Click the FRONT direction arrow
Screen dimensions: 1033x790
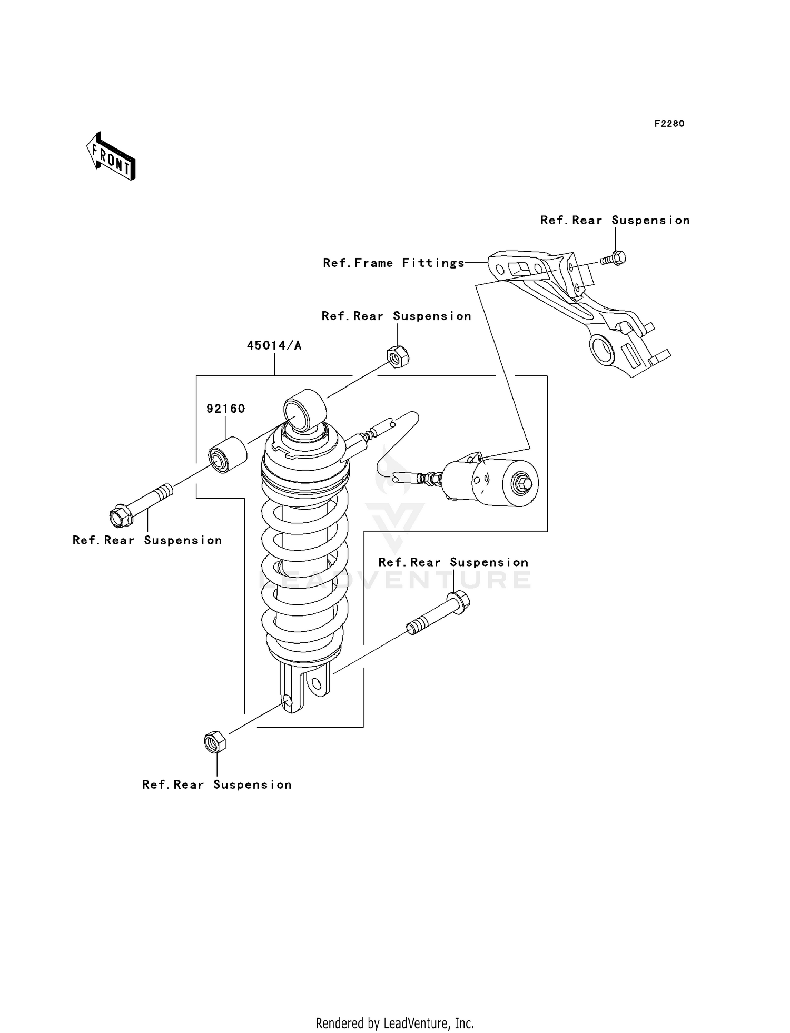click(x=111, y=157)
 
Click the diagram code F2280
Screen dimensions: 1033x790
click(x=669, y=124)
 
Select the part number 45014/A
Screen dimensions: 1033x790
click(x=274, y=346)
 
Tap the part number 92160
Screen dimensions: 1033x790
click(x=225, y=409)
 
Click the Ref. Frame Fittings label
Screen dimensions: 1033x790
click(x=393, y=263)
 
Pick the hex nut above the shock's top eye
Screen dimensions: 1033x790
click(x=398, y=356)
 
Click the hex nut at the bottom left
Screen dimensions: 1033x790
click(x=214, y=742)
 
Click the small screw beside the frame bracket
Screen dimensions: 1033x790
click(x=613, y=259)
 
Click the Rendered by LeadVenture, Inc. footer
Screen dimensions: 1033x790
click(x=394, y=1023)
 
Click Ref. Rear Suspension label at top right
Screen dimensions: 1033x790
click(x=615, y=221)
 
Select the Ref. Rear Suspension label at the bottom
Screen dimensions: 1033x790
click(x=216, y=785)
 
